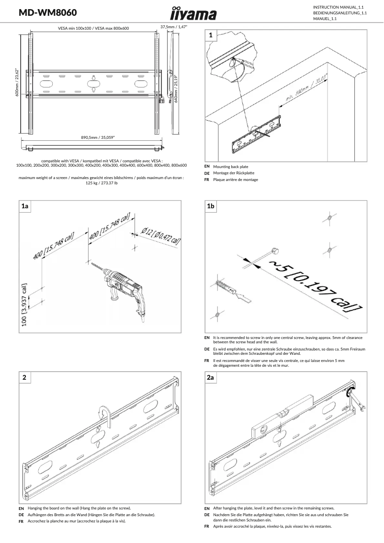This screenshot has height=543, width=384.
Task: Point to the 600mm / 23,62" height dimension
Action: [17, 82]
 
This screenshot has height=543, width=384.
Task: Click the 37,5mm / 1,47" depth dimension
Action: [173, 27]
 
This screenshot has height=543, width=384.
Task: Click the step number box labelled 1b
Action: [211, 206]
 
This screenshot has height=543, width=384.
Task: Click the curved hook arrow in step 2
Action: [104, 415]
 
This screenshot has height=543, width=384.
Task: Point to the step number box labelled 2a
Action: [211, 378]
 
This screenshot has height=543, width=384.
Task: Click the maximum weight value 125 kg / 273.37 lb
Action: [102, 183]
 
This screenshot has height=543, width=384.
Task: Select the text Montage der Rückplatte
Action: [233, 173]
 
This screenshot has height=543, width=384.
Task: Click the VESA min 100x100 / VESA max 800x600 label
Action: [93, 29]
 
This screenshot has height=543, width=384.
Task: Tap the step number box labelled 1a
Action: [25, 206]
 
